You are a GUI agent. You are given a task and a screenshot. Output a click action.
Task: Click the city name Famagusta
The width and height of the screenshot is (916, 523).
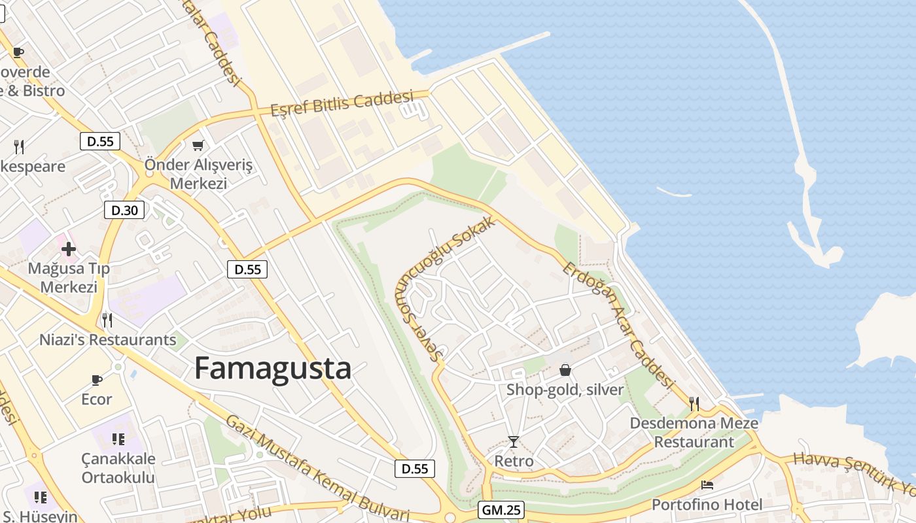(x=273, y=369)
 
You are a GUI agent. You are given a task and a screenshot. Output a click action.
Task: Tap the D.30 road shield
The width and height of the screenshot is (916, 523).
(x=124, y=210)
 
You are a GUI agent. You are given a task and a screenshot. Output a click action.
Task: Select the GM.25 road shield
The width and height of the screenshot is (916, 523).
(x=502, y=510)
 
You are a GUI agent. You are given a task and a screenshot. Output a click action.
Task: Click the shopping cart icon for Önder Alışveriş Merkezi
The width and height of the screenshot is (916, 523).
(x=198, y=145)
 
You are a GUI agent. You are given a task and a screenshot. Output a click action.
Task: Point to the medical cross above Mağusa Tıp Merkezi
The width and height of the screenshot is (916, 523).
(x=69, y=248)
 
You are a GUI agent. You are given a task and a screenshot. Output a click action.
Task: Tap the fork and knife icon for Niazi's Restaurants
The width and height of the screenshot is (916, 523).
(x=107, y=320)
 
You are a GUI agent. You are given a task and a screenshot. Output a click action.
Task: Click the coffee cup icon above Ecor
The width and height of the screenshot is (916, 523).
(x=97, y=380)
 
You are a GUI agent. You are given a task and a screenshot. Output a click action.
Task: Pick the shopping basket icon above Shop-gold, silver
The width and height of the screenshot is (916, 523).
(x=565, y=371)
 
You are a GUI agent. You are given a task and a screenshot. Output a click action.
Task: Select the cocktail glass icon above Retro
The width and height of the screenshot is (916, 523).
(x=514, y=442)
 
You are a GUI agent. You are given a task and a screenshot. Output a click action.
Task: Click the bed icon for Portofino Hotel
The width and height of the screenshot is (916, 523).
(x=707, y=485)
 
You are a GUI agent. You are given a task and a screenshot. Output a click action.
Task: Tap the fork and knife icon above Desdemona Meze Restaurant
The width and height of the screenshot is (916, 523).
(x=694, y=403)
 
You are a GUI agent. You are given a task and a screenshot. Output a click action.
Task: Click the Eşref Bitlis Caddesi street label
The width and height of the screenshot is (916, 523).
(x=342, y=103)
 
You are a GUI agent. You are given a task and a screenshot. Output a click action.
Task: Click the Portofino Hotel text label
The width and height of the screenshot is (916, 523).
(x=707, y=505)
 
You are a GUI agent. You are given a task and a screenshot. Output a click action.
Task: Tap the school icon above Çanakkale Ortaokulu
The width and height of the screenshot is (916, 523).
(x=118, y=439)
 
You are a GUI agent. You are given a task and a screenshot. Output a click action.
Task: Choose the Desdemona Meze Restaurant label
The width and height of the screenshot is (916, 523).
(x=694, y=433)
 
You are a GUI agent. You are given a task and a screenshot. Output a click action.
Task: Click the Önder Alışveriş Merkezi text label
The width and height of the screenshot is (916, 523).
(x=198, y=174)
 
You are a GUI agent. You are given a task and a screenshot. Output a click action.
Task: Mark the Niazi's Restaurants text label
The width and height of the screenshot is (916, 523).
(x=108, y=340)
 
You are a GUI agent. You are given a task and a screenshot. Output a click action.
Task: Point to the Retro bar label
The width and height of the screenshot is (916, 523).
(x=514, y=461)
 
